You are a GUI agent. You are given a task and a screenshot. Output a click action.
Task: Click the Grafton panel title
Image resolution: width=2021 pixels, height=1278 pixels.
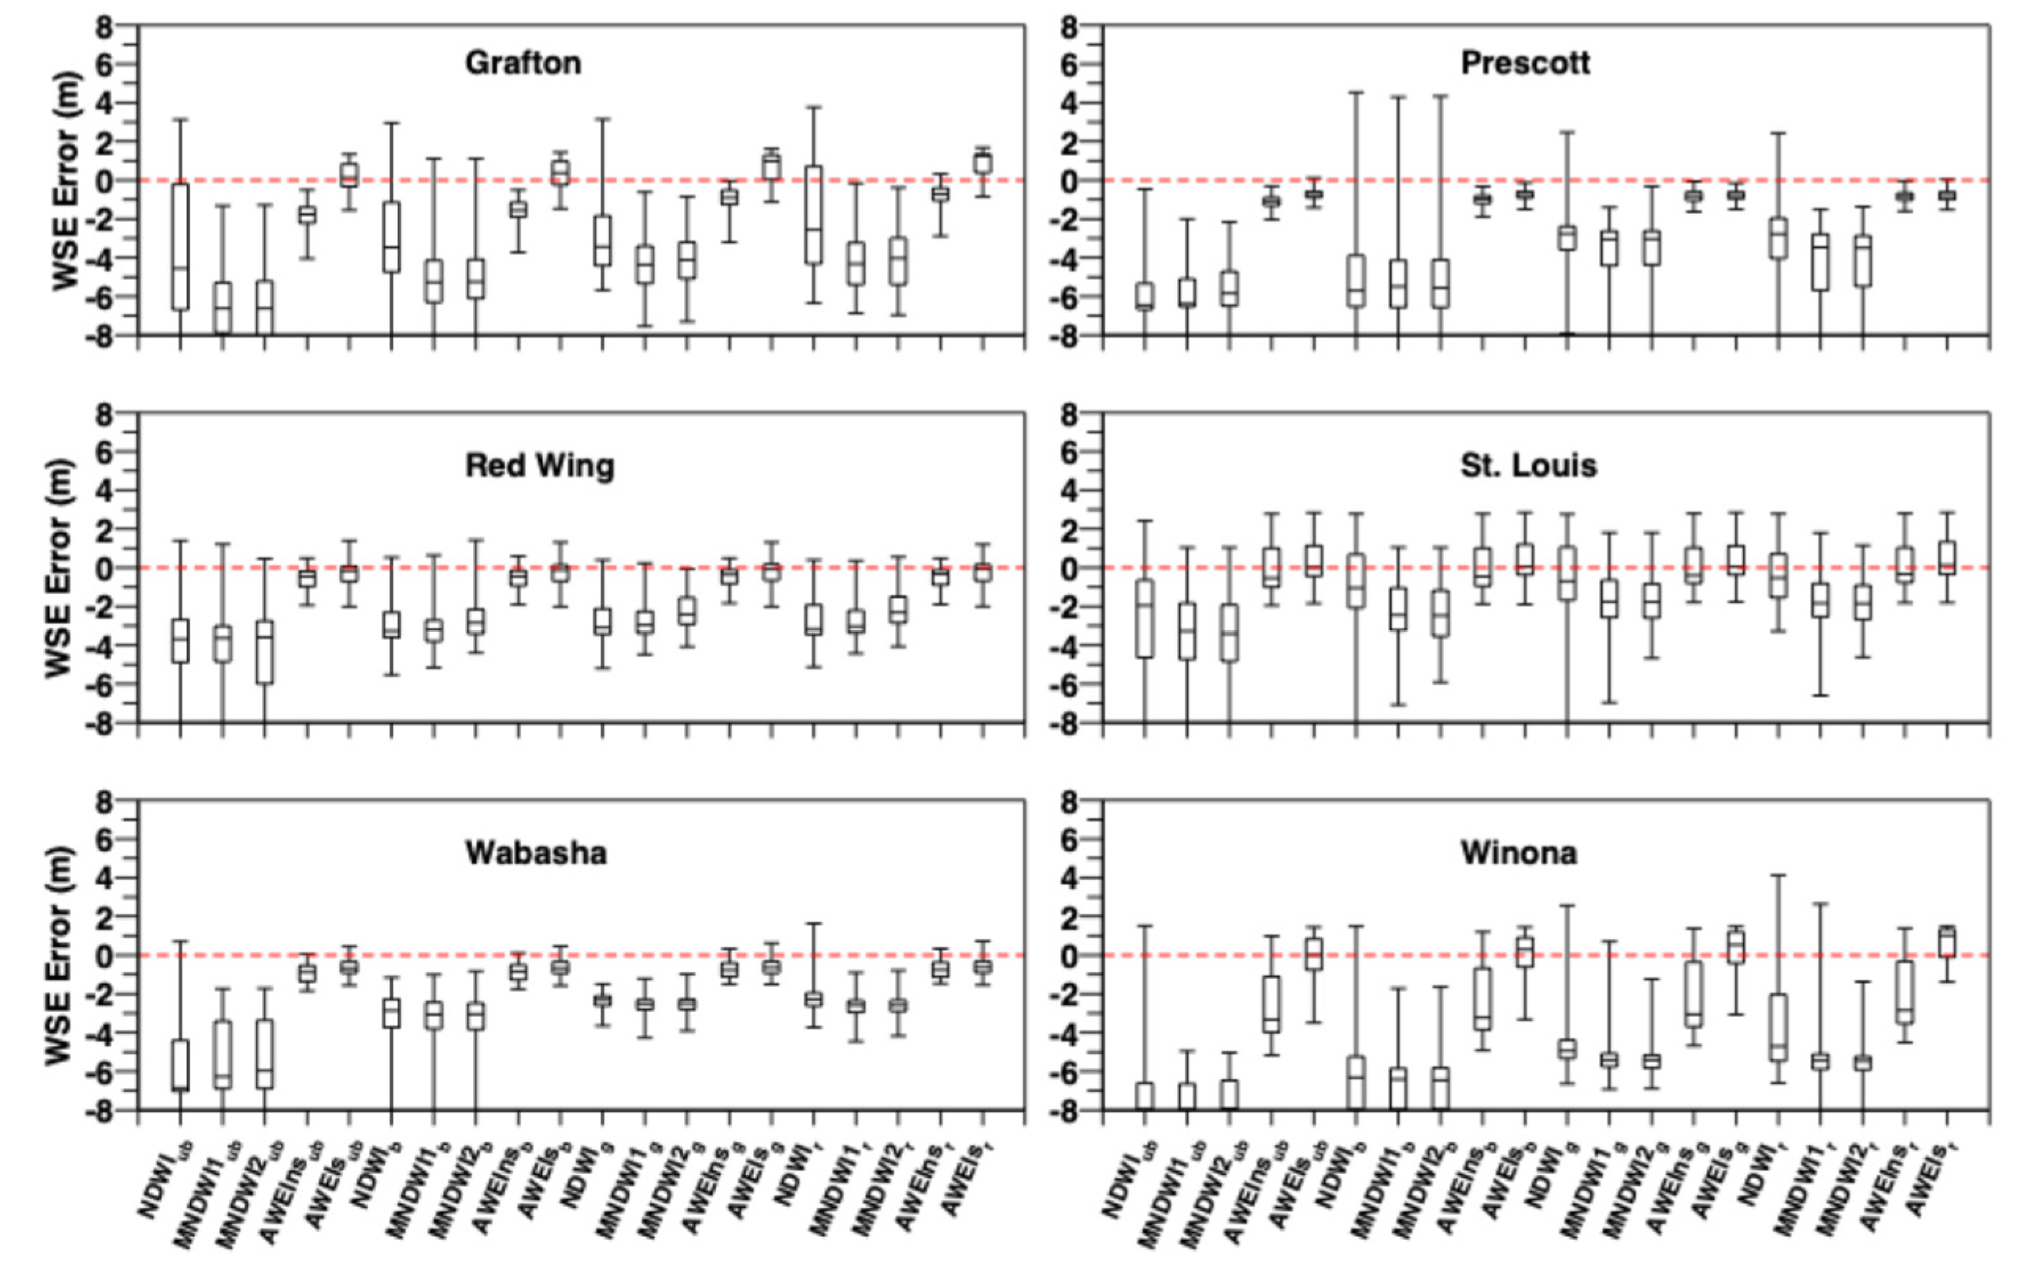[x=523, y=63]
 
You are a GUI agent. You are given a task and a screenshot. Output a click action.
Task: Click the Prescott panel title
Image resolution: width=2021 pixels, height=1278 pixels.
[x=1525, y=63]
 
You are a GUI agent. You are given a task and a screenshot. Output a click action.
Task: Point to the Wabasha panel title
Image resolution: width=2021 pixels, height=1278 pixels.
[x=535, y=853]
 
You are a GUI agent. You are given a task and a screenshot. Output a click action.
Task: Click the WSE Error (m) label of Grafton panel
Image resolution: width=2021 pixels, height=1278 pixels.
[x=65, y=181]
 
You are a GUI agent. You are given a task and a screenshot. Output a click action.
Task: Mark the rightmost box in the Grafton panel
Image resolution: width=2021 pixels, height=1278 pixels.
[x=983, y=163]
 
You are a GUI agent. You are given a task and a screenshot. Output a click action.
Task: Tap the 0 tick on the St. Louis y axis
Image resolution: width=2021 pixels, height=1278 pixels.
[x=1069, y=568]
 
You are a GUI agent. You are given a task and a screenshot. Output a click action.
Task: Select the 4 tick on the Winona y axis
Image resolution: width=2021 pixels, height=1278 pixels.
[x=1069, y=879]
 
